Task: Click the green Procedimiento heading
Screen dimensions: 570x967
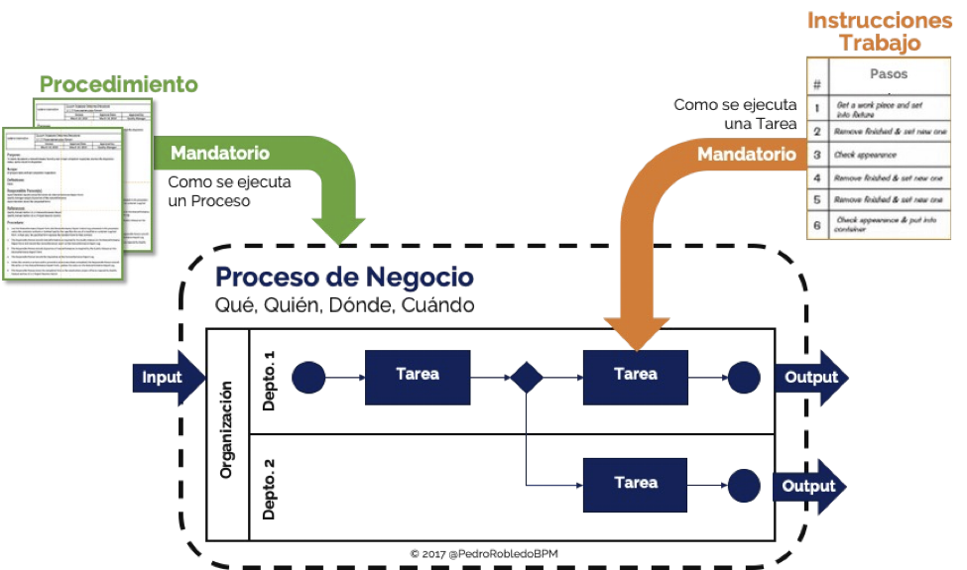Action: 118,84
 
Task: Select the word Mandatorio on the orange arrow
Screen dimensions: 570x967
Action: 746,154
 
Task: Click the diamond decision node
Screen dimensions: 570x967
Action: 526,378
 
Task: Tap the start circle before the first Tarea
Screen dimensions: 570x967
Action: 308,378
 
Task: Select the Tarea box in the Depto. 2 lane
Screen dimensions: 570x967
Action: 635,484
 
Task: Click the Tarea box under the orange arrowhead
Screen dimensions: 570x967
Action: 635,376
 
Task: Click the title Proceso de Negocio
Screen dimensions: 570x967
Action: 344,277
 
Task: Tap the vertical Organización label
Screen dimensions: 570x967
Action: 226,433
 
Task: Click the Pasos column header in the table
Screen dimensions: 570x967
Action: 888,74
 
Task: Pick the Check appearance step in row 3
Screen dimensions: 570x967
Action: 867,156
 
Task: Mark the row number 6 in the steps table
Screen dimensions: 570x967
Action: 816,225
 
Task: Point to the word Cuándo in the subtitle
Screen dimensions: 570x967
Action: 437,305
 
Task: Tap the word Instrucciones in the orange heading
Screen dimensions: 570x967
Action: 880,20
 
